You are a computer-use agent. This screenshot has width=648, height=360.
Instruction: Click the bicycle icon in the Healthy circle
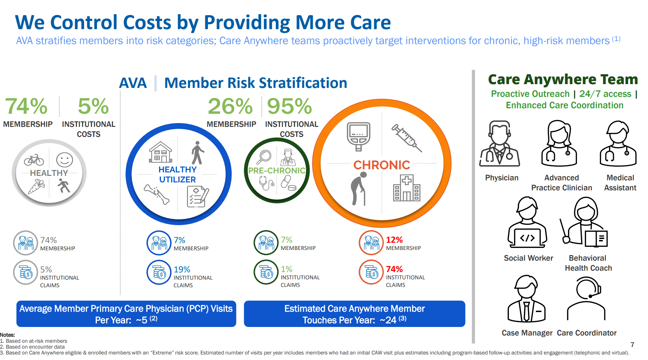[x=34, y=160]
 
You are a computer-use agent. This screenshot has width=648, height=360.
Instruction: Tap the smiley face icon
[x=64, y=160]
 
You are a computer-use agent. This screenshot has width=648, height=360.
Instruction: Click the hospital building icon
[x=407, y=188]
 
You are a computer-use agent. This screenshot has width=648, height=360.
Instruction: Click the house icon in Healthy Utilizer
[x=160, y=152]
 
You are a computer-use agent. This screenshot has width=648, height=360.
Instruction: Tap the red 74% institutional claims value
[x=394, y=269]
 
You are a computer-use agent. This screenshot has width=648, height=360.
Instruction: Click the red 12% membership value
[x=394, y=240]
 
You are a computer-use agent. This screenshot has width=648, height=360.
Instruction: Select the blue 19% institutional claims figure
[x=182, y=269]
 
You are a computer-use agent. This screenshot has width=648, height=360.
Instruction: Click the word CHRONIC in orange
[x=381, y=165]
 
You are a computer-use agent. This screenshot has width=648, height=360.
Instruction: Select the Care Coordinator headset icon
[x=587, y=299]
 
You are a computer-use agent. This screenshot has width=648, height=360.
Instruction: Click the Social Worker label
[x=528, y=258]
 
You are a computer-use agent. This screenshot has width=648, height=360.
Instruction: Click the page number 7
[x=632, y=344]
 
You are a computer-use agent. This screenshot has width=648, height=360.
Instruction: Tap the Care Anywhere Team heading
[x=563, y=79]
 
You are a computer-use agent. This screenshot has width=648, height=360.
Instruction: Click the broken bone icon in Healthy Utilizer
[x=157, y=194]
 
